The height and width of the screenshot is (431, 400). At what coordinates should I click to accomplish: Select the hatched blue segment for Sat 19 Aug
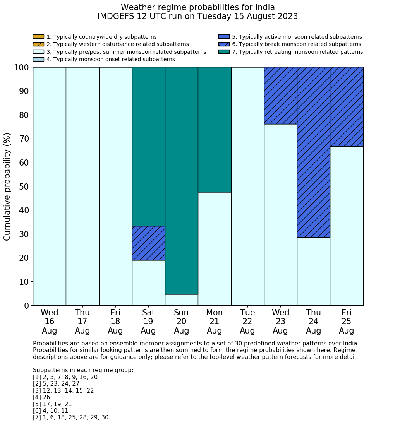coord(148,243)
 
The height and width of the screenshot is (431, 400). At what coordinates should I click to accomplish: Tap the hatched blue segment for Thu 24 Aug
coord(313,152)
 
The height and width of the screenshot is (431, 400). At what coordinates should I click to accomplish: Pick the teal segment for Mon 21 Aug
coord(214,130)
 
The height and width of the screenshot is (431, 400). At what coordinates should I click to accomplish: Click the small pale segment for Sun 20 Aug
coord(181,300)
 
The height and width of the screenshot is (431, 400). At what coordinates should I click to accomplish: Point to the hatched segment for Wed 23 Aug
coord(280,96)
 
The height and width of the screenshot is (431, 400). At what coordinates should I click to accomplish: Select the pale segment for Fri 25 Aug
coord(347,226)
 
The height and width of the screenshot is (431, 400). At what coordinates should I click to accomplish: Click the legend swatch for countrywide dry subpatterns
coord(38,37)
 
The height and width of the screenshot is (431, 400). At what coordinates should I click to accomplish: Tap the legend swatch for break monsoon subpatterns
coord(224,44)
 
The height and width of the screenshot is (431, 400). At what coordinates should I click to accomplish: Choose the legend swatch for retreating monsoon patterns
coord(224,52)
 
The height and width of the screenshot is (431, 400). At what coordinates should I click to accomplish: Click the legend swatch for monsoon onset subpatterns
coord(38,59)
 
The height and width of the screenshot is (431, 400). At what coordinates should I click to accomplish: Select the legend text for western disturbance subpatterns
coord(118,44)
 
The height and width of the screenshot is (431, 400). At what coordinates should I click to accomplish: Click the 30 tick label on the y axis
coord(24,234)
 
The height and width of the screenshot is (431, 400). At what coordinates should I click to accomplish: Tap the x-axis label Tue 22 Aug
coord(247,322)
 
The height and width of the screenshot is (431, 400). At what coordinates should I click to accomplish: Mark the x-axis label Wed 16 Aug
coord(49,322)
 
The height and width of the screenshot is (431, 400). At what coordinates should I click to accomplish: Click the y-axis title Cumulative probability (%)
coord(7,186)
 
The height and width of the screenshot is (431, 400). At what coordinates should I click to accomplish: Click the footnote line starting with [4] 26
coord(41,397)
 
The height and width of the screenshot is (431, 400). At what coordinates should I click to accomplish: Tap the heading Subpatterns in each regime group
coord(83,370)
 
